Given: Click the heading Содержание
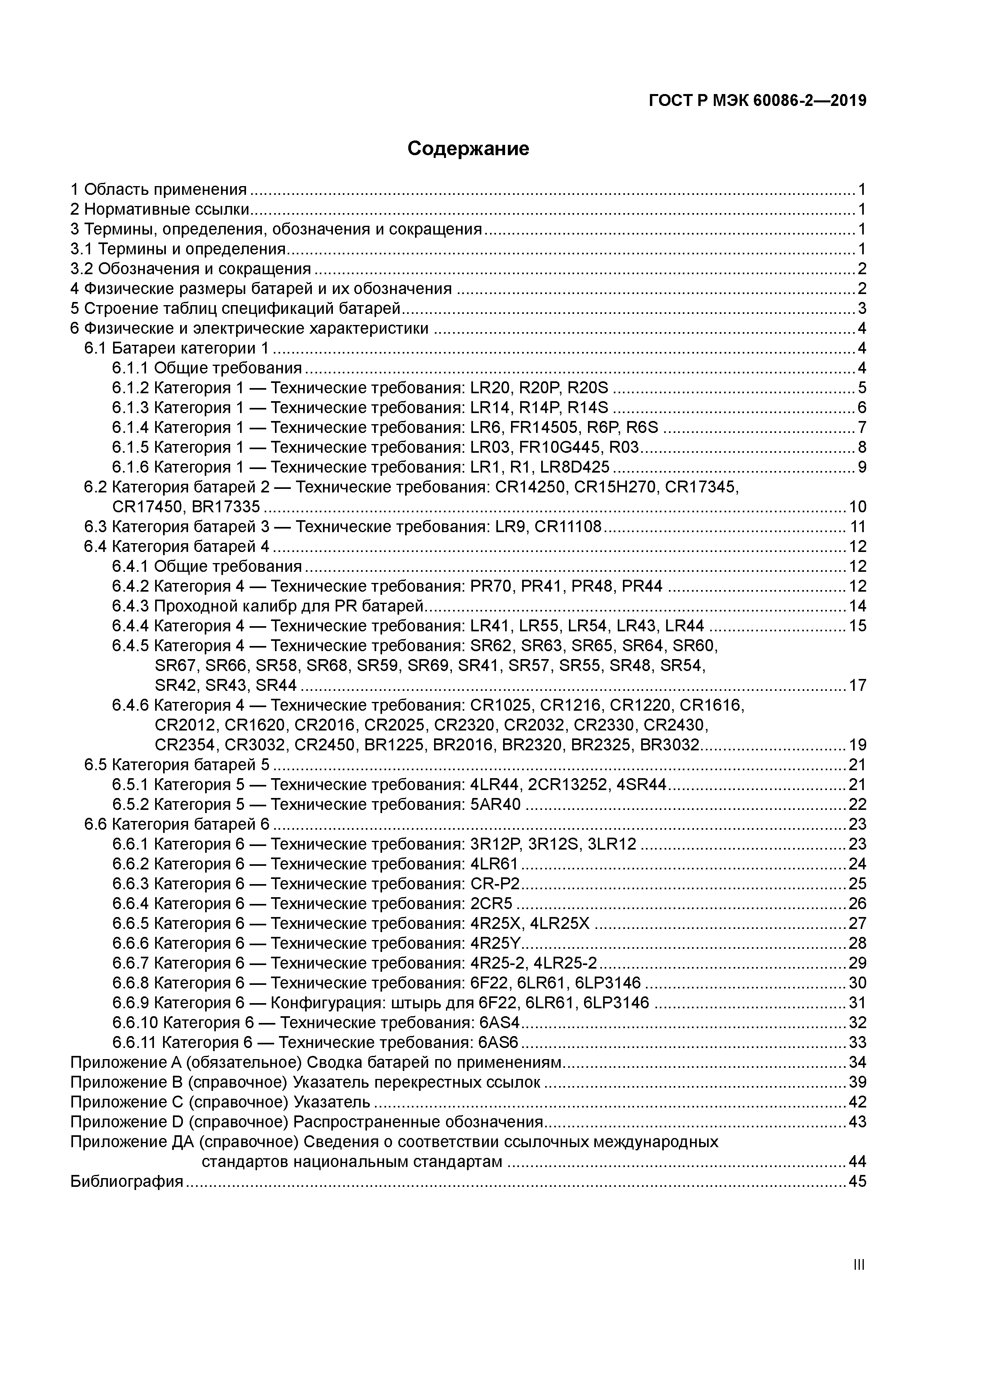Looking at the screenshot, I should point(468,148).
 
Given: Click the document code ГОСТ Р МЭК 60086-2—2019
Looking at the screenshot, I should point(757,101).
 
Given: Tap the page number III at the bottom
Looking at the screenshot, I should point(859,1265).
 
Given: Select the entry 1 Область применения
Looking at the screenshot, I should point(159,190).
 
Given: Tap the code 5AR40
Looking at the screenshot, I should point(495,804).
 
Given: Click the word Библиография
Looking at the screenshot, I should point(127,1182).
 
